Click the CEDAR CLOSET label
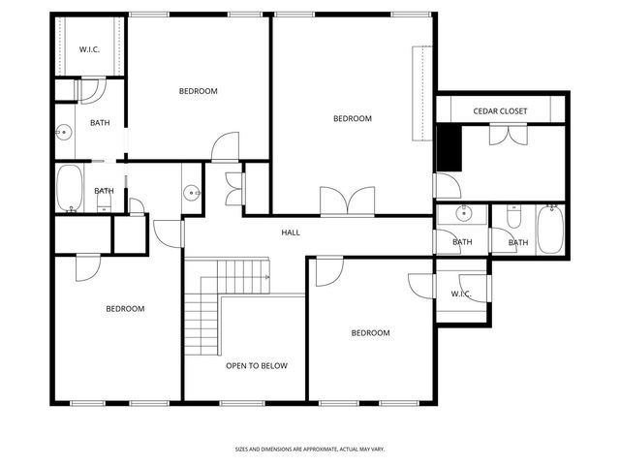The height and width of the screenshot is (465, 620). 500,111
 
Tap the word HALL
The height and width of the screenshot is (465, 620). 291,232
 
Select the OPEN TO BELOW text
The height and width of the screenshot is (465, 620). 256,365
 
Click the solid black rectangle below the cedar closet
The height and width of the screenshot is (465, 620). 449,147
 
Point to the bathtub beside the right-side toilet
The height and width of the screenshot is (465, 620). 549,229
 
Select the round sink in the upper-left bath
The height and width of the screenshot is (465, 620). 62,132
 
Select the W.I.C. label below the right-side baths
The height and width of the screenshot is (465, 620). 460,294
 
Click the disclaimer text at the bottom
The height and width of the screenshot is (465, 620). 309,449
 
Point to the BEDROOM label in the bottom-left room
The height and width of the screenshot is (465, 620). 125,308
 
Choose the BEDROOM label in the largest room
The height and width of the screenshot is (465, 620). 353,118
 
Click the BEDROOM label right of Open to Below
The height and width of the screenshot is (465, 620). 370,332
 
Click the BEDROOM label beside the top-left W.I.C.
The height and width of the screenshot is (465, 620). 199,91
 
